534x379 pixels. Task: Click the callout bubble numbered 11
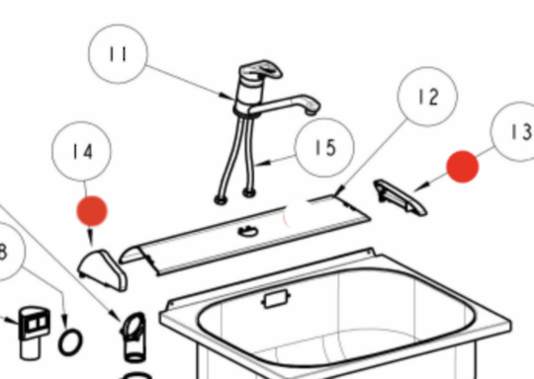(119, 53)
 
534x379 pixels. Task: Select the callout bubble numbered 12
(427, 97)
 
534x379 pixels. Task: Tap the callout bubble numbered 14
(82, 151)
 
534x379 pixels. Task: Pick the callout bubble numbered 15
(325, 147)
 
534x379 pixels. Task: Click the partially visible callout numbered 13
(513, 131)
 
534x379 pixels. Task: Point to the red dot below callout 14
(92, 211)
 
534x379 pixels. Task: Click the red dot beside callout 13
(463, 167)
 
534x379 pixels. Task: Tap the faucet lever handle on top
(261, 70)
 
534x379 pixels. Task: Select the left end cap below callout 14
(103, 270)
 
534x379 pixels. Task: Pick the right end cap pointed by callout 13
(400, 197)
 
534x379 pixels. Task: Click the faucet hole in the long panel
(248, 232)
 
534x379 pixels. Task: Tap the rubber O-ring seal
(70, 341)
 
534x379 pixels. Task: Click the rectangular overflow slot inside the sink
(276, 299)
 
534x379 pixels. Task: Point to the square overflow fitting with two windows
(33, 332)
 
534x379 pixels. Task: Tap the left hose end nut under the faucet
(221, 200)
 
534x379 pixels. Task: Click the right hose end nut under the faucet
(249, 193)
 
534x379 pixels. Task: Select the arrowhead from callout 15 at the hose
(264, 163)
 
